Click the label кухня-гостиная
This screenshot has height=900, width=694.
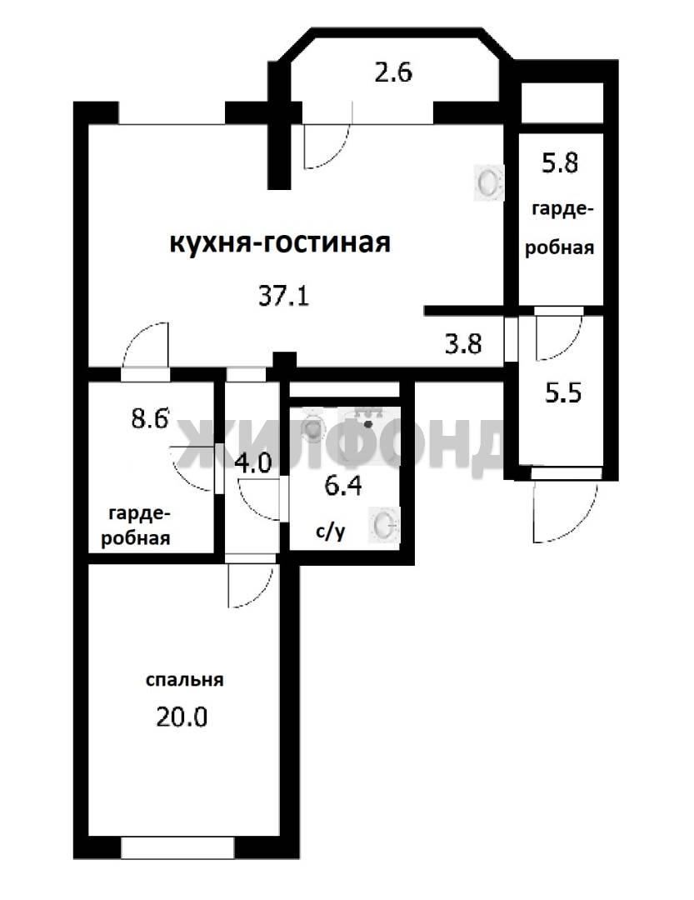click(280, 243)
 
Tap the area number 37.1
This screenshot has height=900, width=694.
click(284, 297)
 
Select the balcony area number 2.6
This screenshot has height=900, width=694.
click(394, 72)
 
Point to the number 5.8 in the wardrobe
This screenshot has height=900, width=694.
click(560, 163)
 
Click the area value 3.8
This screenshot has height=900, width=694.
click(463, 344)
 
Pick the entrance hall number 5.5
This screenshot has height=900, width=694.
click(563, 393)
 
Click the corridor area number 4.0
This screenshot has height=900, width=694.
click(254, 463)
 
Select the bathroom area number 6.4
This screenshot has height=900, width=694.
click(342, 486)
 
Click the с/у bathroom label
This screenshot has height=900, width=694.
click(331, 532)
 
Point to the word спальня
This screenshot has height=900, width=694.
click(184, 680)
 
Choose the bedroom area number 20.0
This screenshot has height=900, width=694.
click(182, 717)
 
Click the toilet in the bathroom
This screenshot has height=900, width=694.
click(312, 425)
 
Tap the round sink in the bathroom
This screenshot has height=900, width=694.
click(384, 524)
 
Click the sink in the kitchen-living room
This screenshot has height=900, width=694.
click(488, 183)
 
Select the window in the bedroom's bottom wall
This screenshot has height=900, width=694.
click(178, 847)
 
